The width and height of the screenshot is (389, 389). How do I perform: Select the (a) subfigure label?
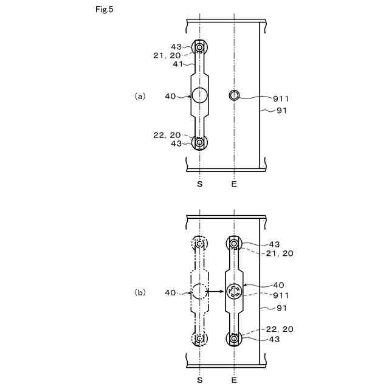pos(140,95)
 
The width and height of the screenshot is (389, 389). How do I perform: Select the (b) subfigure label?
pos(140,292)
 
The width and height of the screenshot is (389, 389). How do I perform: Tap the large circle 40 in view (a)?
pos(200,94)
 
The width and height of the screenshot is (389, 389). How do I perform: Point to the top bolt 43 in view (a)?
pos(200,47)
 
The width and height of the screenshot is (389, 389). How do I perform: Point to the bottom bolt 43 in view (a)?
pos(200,142)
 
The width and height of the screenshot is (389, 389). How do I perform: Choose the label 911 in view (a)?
pos(280,98)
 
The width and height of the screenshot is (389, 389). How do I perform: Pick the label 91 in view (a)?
pos(281,110)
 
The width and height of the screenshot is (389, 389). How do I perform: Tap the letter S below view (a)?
pos(200,183)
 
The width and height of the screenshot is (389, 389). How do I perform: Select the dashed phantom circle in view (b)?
pos(199,292)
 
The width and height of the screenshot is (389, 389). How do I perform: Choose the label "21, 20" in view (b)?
pos(280,253)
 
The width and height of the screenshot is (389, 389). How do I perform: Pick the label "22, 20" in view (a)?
pos(167,135)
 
